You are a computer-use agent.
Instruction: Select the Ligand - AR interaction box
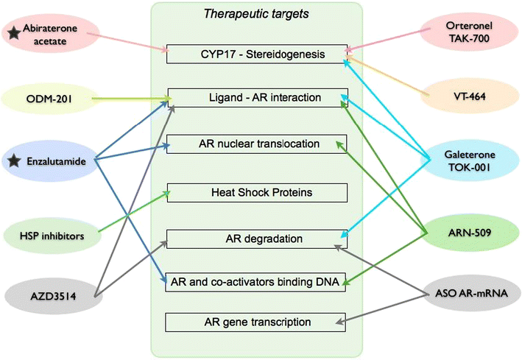pyautogui.click(x=256, y=98)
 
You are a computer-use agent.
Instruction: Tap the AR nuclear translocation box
pyautogui.click(x=256, y=144)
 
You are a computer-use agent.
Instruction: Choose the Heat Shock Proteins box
pyautogui.click(x=256, y=193)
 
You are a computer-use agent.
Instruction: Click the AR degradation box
pyautogui.click(x=256, y=239)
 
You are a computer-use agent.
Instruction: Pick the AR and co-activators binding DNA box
pyautogui.click(x=256, y=280)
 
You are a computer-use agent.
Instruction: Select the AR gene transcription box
pyautogui.click(x=256, y=322)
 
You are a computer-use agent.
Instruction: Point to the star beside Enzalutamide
pyautogui.click(x=13, y=160)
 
